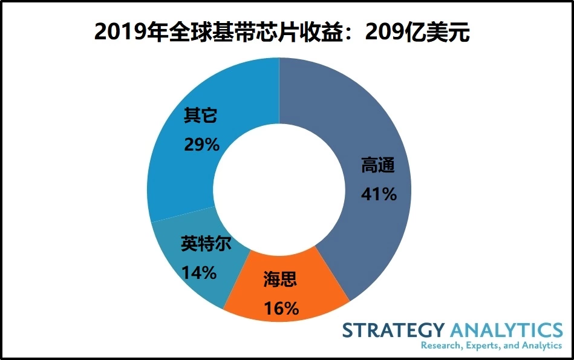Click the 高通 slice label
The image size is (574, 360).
pos(379,165)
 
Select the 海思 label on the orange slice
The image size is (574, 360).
pos(281,280)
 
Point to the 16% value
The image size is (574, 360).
pos(281,309)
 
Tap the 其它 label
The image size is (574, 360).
pos(200,116)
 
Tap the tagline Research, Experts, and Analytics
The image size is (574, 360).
pos(491,345)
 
